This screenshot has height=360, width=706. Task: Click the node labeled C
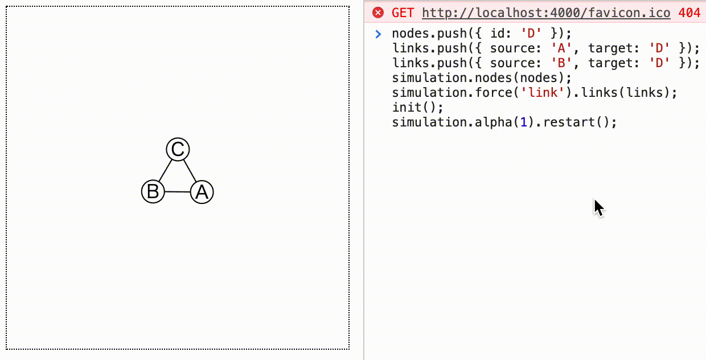coord(178,150)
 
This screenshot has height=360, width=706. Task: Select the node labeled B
coord(153,191)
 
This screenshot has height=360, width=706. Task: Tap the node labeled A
coord(202,193)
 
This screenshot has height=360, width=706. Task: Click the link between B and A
coord(177,192)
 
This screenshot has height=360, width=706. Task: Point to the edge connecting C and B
coord(165,170)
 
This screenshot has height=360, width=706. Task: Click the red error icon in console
coord(377,13)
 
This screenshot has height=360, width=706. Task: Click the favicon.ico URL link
coord(546,13)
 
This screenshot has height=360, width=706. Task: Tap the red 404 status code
coord(689,13)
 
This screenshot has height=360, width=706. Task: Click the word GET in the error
coord(402,13)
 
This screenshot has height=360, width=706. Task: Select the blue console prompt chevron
coord(377,34)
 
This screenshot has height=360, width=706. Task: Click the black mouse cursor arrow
coord(598,208)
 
